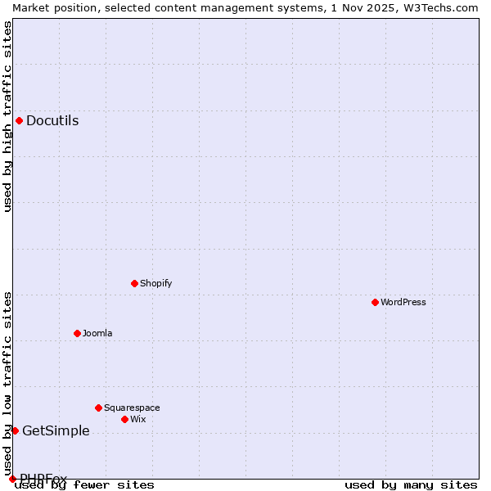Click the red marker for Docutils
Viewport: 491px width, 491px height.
[x=19, y=121]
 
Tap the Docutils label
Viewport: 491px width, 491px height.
[x=52, y=121]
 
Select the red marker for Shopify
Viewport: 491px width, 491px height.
[x=134, y=284]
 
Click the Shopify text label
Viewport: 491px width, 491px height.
[x=155, y=284]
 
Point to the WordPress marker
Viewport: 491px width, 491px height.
[x=375, y=303]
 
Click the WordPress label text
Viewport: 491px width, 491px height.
[x=403, y=303]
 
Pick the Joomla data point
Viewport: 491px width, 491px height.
[x=77, y=334]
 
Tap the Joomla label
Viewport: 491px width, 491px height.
[x=97, y=334]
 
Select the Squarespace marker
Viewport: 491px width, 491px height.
[x=98, y=408]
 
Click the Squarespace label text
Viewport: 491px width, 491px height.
[x=132, y=408]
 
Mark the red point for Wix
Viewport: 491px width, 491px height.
[x=124, y=420]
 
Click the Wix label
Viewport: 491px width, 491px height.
[x=137, y=420]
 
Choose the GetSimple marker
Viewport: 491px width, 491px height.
[x=15, y=431]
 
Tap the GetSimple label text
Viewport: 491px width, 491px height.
[x=56, y=431]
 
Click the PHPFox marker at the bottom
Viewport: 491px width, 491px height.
[x=12, y=479]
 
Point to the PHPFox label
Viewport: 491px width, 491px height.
[x=43, y=479]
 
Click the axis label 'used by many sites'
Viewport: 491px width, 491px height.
[x=411, y=485]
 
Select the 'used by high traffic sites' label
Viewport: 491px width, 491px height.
[x=7, y=116]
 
